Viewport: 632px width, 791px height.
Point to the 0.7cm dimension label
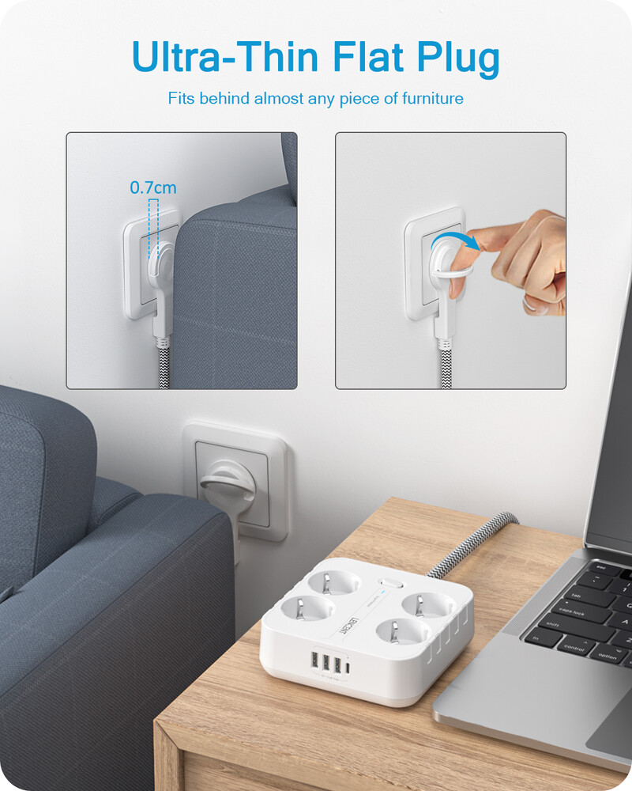[153, 188]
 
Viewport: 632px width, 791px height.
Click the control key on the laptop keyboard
[577, 648]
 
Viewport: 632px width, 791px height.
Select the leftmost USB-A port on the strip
[315, 661]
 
